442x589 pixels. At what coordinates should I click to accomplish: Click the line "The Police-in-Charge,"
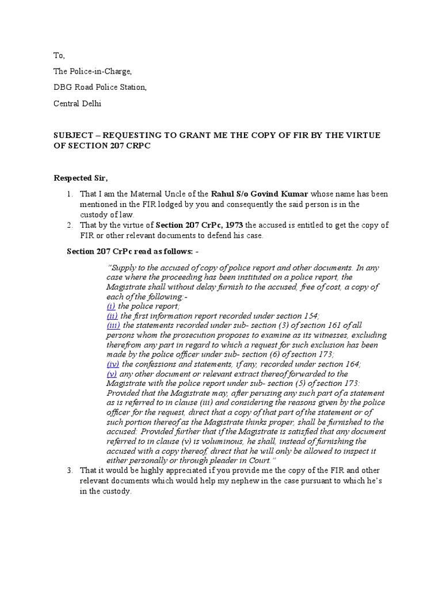click(x=93, y=71)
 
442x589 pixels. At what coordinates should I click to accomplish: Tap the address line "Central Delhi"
click(x=78, y=104)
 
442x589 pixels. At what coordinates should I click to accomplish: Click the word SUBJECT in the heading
click(x=73, y=135)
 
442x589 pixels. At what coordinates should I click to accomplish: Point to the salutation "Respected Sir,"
click(x=78, y=178)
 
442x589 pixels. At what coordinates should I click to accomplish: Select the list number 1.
click(x=68, y=194)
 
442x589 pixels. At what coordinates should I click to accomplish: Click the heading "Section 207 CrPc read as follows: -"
click(x=130, y=251)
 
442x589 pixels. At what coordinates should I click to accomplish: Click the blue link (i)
click(x=111, y=307)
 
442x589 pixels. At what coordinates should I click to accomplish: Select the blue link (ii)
click(x=112, y=316)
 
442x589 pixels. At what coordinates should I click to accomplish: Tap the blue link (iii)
click(x=113, y=326)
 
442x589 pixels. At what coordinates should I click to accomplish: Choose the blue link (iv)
click(x=113, y=364)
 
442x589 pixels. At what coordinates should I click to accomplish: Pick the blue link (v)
click(x=112, y=373)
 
